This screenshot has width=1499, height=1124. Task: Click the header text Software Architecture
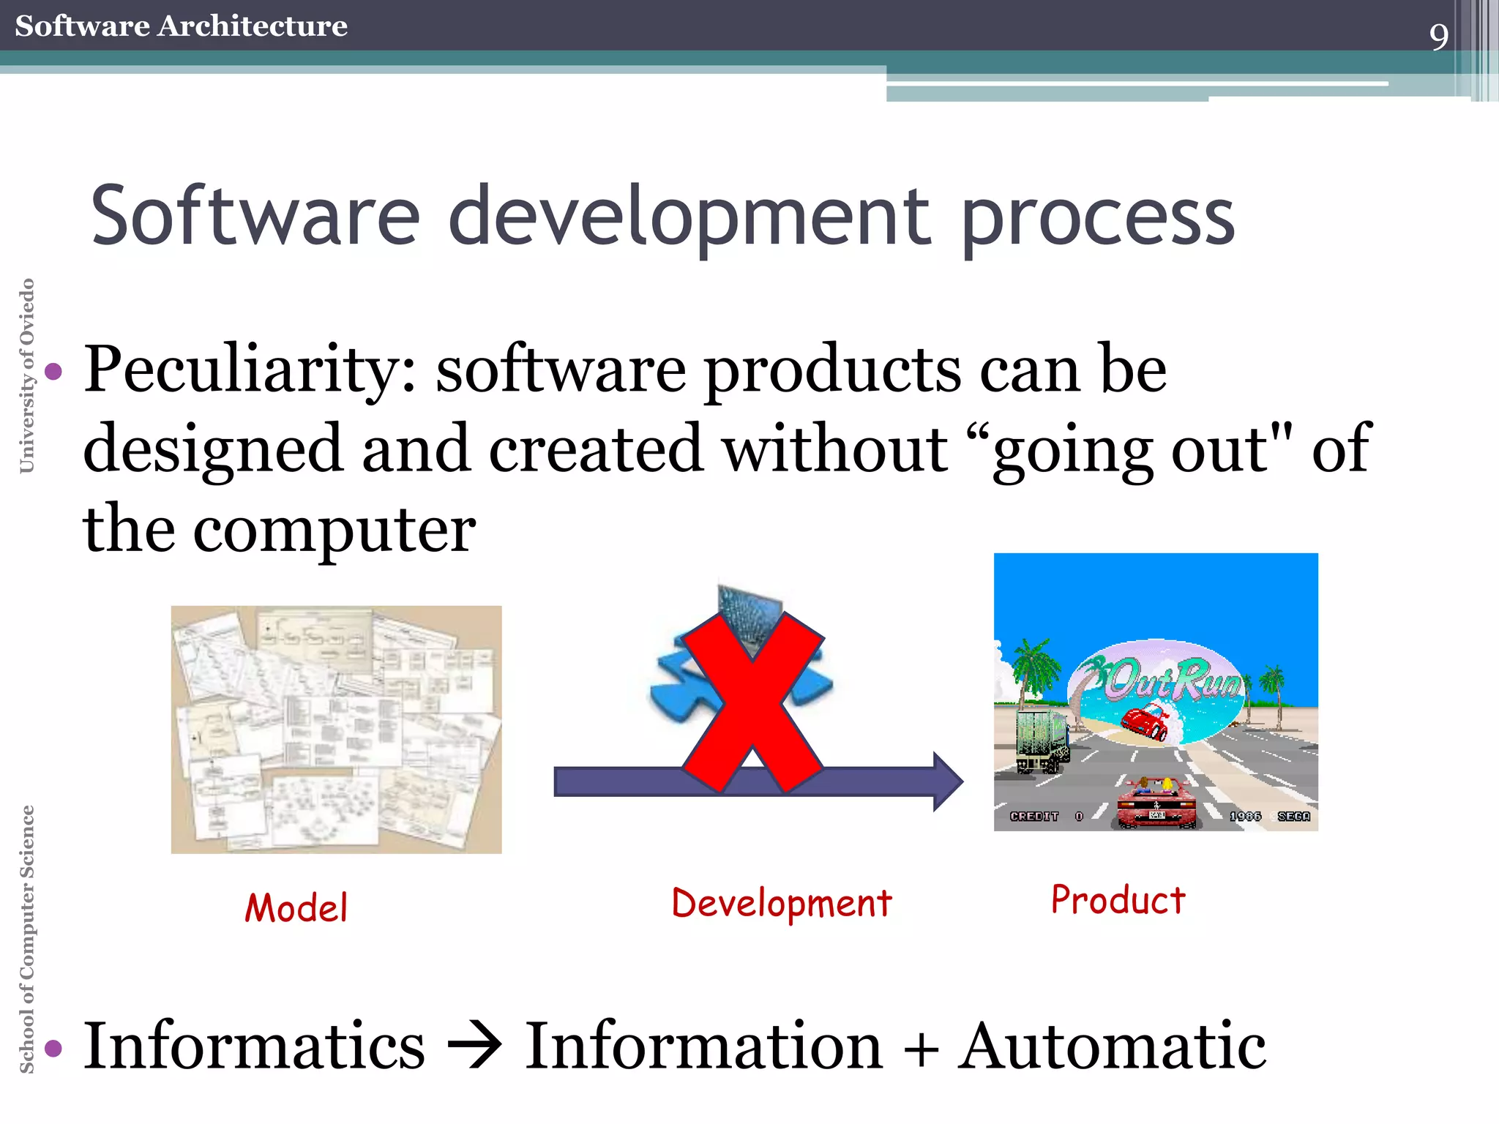pos(181,26)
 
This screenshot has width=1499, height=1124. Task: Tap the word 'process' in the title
pos(1098,218)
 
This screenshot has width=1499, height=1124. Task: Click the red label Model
pos(296,908)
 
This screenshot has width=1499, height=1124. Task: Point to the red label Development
pos(782,904)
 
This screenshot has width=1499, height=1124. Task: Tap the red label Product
pos(1118,900)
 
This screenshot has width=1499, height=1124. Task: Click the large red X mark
pos(752,702)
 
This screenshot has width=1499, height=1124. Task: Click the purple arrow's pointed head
pos(948,782)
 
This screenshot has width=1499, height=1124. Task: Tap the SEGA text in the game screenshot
pos(1293,816)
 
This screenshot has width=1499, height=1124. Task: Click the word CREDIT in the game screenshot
pos(1033,816)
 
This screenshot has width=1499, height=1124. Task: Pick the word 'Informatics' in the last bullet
pos(254,1046)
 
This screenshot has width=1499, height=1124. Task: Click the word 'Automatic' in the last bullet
pos(1112,1046)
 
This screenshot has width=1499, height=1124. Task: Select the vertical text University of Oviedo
pos(26,375)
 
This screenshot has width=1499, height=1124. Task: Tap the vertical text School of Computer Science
pos(26,939)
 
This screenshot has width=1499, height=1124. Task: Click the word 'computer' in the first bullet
pos(334,530)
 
